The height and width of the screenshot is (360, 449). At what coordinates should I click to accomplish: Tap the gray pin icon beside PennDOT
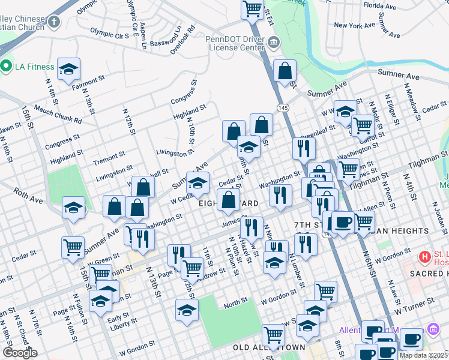pyautogui.click(x=274, y=42)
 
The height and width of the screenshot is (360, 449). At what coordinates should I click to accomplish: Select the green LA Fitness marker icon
pyautogui.click(x=7, y=66)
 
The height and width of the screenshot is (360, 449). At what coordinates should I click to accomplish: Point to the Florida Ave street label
pyautogui.click(x=380, y=7)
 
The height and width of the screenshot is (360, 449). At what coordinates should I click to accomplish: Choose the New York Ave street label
pyautogui.click(x=355, y=25)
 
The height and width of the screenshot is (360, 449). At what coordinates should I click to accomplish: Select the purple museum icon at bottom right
pyautogui.click(x=433, y=329)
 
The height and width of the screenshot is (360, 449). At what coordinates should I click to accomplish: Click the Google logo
pyautogui.click(x=19, y=353)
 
